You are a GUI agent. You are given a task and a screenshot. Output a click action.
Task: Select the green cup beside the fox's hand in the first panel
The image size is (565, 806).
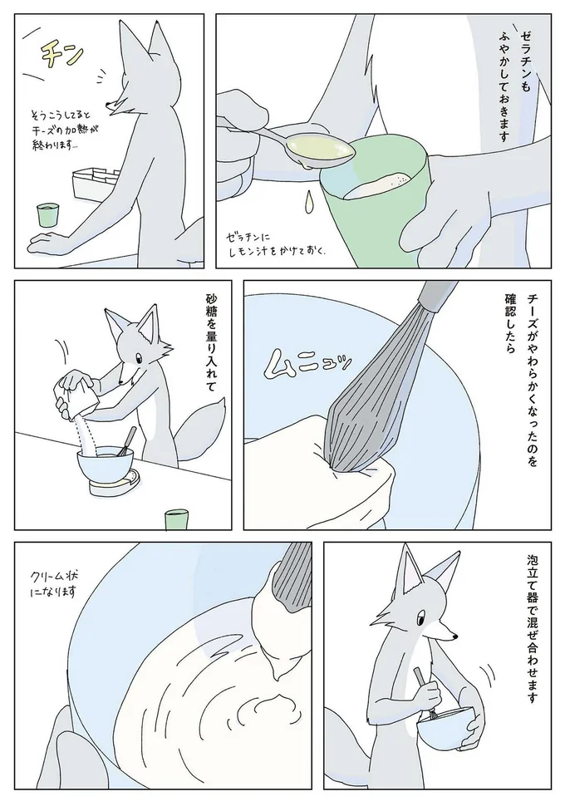47,214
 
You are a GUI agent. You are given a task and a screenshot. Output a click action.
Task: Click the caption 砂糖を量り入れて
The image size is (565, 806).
209,342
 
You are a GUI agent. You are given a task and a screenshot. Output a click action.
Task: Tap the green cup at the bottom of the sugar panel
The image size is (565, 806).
176,520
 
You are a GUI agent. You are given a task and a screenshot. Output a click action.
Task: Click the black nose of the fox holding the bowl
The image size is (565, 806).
455,638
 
